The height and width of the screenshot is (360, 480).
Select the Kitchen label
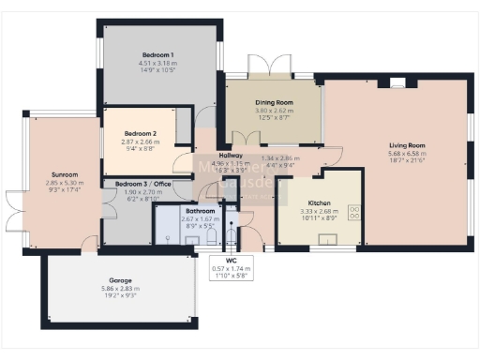coord(320,202)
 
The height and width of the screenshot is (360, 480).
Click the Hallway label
coord(231,156)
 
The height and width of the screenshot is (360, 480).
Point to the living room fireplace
coord(397,82)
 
